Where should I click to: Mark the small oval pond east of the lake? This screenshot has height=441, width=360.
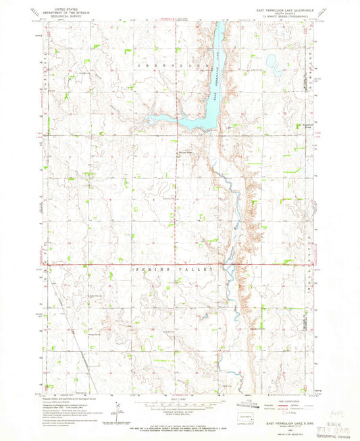point(275,65)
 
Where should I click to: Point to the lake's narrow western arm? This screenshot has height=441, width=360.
point(169,119)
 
